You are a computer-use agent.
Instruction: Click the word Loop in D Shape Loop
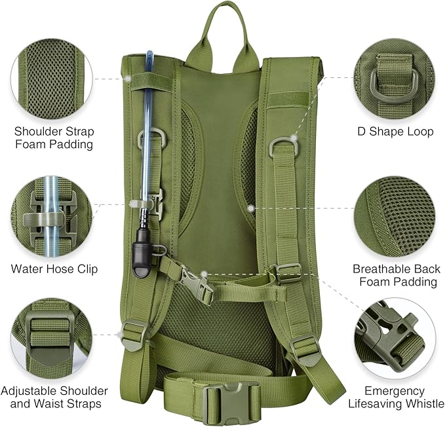tap(420, 132)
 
